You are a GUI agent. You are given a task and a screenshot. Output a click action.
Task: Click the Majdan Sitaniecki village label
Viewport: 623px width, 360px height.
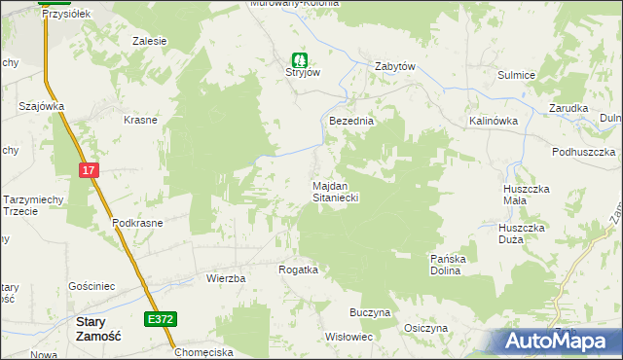(336, 191)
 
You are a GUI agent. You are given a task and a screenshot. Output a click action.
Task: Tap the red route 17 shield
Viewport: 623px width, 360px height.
(90, 170)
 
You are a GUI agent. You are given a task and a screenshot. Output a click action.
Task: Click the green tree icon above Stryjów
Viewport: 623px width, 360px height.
(300, 59)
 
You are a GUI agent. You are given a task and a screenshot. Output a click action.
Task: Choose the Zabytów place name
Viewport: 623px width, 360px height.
(395, 66)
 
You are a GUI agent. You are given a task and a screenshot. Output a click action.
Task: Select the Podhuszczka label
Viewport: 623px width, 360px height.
(583, 152)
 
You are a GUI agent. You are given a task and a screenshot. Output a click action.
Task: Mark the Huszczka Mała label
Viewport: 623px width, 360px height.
(528, 194)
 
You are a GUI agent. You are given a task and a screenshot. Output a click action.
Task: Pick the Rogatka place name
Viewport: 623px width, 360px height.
(298, 270)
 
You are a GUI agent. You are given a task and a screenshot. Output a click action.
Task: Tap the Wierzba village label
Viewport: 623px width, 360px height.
(225, 277)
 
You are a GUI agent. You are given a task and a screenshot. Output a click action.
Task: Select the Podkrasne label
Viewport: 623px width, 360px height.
(137, 222)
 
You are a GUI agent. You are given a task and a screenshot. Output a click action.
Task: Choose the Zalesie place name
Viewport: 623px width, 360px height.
(150, 41)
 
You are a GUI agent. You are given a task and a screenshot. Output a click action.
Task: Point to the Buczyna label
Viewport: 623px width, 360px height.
(370, 312)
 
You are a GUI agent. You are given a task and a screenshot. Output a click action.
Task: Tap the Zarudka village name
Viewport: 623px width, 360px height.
(568, 108)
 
